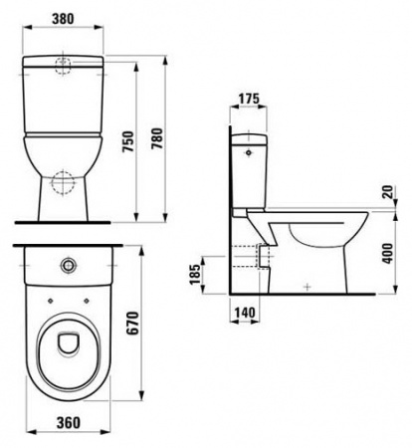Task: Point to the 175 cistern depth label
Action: tap(250, 98)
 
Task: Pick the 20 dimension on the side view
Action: tap(385, 191)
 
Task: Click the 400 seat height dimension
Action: tap(386, 255)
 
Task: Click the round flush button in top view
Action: tap(67, 266)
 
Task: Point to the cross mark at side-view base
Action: tap(308, 287)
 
